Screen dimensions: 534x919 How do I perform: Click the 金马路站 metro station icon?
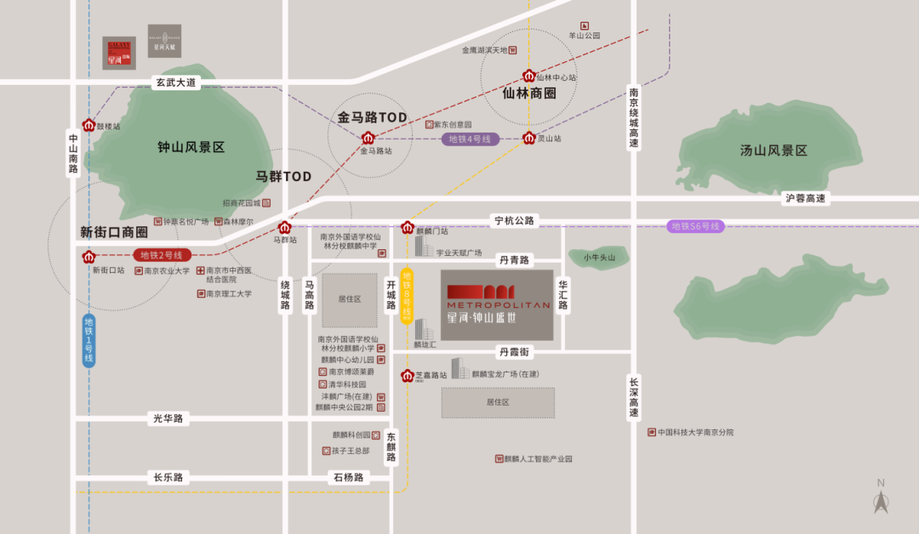tap(368, 138)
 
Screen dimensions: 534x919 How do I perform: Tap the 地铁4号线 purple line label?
tap(470, 139)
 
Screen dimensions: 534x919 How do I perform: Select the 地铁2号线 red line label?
tap(162, 255)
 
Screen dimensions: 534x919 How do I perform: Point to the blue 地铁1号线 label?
tap(88, 340)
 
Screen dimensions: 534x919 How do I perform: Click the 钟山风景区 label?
tap(191, 147)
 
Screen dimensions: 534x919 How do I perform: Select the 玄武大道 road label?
tap(175, 82)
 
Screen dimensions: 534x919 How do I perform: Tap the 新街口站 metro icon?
tap(88, 256)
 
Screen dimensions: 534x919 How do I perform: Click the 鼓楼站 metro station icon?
tap(88, 125)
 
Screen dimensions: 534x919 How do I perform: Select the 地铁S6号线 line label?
tap(695, 226)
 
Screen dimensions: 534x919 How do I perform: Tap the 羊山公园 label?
tap(585, 36)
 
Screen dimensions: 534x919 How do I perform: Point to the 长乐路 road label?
tap(168, 477)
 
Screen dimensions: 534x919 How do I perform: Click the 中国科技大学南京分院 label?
tap(694, 432)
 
